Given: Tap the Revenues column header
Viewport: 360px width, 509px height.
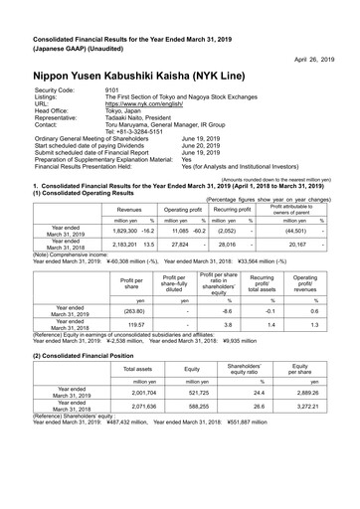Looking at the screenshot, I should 128,211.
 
